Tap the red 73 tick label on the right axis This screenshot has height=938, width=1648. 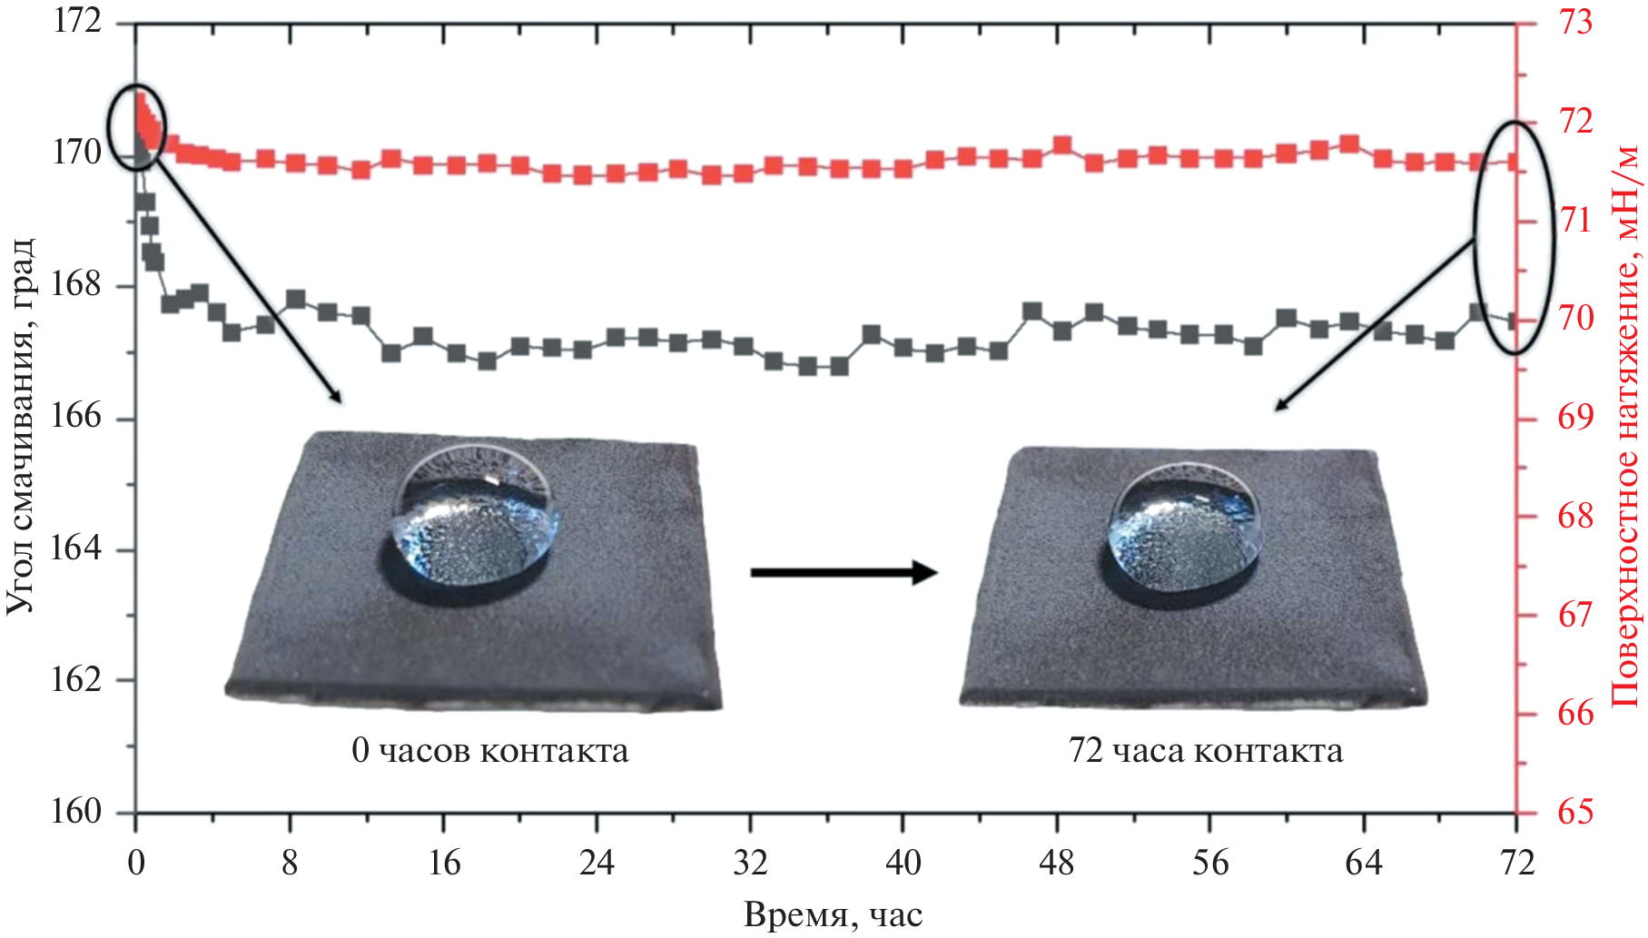point(1576,22)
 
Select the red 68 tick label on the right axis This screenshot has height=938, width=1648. point(1576,517)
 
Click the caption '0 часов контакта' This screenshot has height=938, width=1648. point(489,751)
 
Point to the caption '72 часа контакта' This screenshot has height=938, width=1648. point(1205,751)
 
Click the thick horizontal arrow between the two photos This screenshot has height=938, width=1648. point(844,572)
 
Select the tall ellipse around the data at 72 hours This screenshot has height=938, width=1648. point(1514,236)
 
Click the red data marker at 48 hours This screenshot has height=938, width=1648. point(1062,145)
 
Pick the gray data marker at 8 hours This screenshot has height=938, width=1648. point(295,300)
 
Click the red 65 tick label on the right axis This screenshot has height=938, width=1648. point(1576,812)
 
